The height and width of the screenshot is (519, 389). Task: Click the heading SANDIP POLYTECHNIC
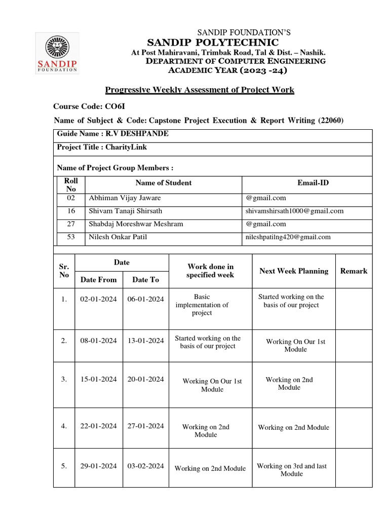click(213, 42)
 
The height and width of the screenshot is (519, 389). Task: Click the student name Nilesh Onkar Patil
click(118, 237)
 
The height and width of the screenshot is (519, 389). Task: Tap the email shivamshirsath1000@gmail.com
click(294, 211)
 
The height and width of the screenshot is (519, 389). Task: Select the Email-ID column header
click(313, 182)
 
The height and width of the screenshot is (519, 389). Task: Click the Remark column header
click(354, 271)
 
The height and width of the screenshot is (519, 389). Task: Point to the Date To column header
click(145, 280)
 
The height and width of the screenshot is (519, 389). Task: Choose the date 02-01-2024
click(98, 299)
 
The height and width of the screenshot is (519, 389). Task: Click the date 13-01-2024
click(145, 341)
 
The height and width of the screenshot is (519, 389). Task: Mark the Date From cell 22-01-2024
click(98, 426)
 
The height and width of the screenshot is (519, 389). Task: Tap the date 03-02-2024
click(145, 466)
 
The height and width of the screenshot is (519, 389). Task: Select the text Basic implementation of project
click(202, 305)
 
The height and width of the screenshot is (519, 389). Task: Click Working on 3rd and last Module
click(291, 470)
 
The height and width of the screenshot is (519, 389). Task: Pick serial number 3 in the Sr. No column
click(64, 379)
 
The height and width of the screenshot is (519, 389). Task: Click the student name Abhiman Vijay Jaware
click(125, 198)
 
